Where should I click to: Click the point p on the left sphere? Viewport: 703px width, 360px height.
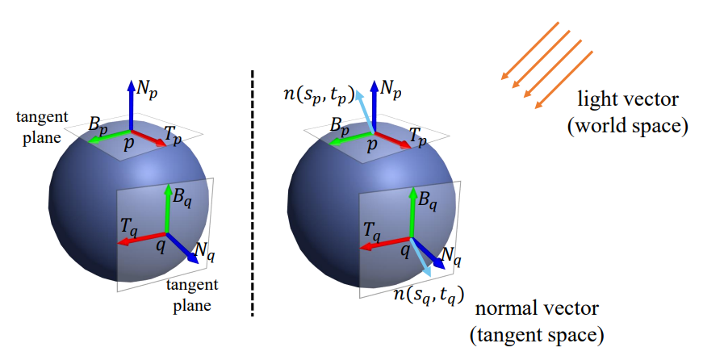coord(128,142)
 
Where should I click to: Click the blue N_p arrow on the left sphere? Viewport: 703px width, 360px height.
coord(131,105)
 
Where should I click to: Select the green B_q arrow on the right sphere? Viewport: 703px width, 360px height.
coord(409,210)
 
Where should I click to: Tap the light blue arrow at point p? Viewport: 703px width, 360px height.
coord(362,109)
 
